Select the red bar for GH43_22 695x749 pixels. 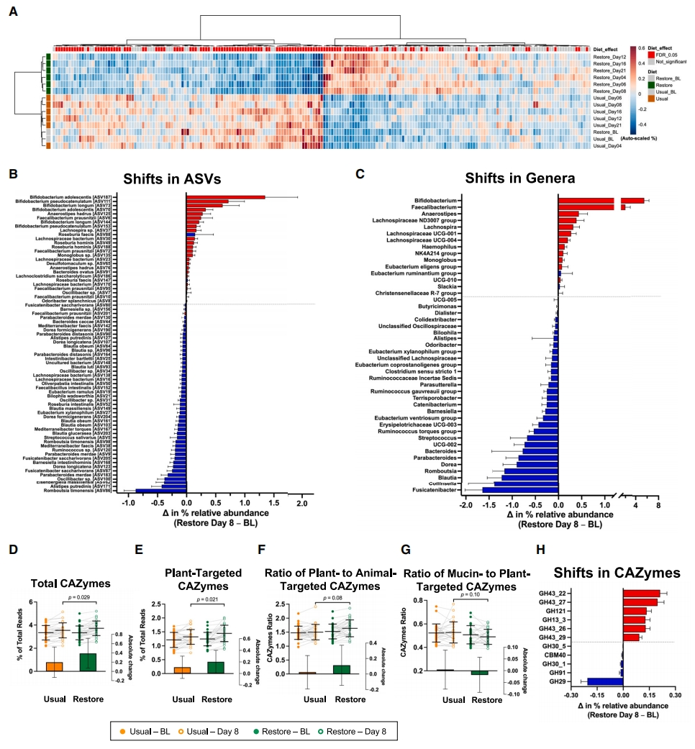pos(641,593)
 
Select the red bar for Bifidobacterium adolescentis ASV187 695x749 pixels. pos(225,196)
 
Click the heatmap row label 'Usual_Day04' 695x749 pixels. pos(607,146)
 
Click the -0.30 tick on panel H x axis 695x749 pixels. pos(571,697)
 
